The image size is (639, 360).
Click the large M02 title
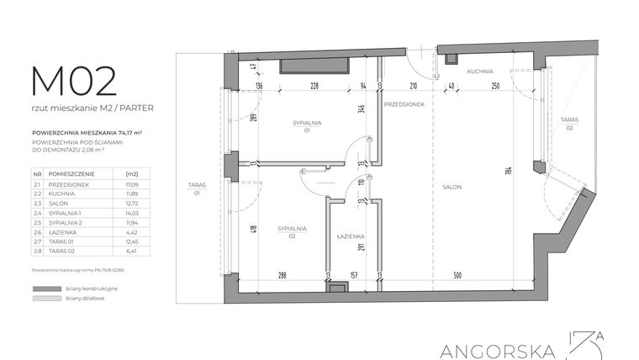pos(74,82)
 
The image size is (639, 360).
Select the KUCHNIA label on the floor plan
pos(479,72)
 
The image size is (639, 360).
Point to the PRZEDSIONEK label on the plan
pos(403,103)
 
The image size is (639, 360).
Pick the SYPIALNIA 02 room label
pos(293,232)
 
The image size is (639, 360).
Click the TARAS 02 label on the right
pos(569,124)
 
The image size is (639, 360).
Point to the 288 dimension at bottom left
pos(283,275)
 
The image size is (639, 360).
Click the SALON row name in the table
pos(60,203)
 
